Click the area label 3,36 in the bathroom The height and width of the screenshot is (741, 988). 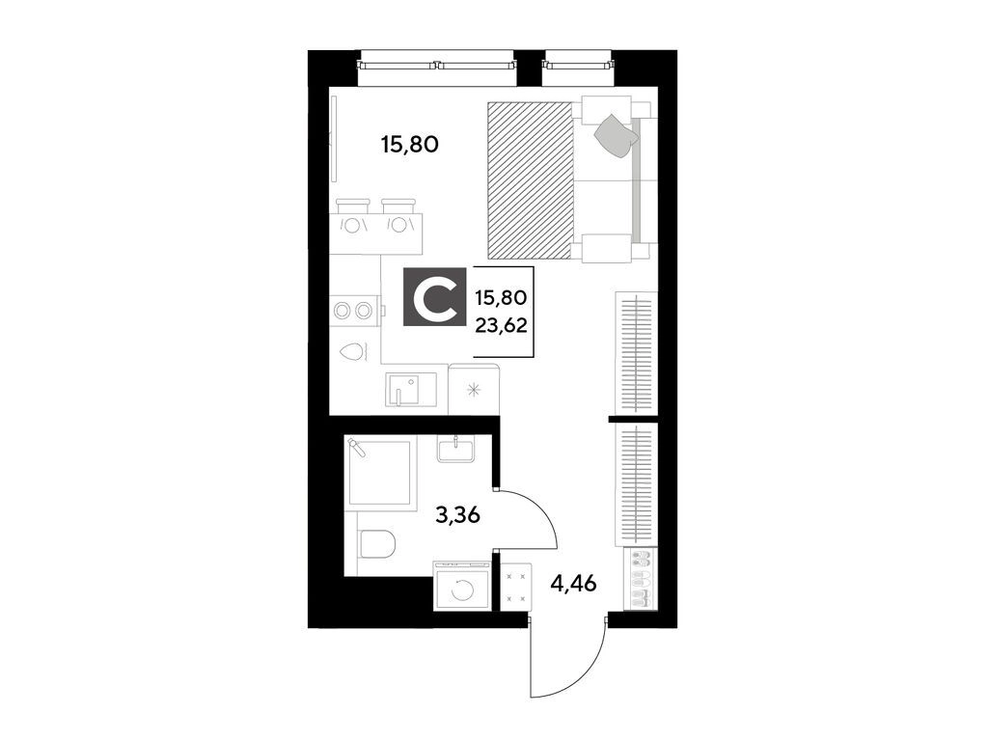[x=458, y=516]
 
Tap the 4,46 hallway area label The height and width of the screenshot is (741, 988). [x=573, y=584]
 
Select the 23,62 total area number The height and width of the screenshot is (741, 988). [x=502, y=325]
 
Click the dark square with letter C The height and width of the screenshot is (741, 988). [x=435, y=297]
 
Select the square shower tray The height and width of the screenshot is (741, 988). [x=381, y=473]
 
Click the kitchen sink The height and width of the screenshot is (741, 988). [x=411, y=391]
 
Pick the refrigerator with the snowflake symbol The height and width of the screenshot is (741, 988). [x=474, y=389]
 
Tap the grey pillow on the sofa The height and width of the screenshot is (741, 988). [x=615, y=135]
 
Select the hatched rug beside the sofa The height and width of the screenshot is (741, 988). [x=531, y=180]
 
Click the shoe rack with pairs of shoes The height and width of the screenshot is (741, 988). [x=640, y=579]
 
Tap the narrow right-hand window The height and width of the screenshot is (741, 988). [x=578, y=64]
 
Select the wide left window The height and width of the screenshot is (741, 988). [x=437, y=64]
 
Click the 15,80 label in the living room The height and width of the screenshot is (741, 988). [x=409, y=145]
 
